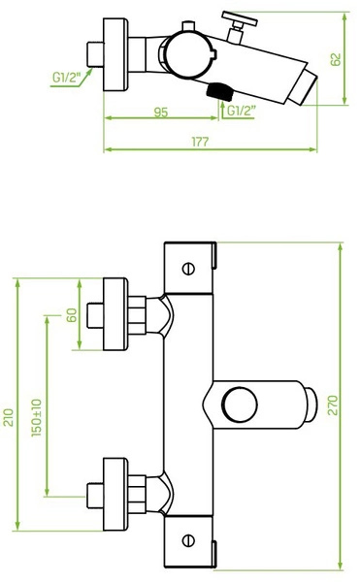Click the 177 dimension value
(200, 142)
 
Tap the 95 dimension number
(161, 113)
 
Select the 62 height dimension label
(336, 59)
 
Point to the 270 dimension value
(333, 405)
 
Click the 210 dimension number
(8, 417)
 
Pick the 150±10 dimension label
(36, 418)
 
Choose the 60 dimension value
(71, 315)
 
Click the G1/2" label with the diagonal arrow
(66, 78)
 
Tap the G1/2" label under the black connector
(242, 111)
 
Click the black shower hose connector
(218, 91)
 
